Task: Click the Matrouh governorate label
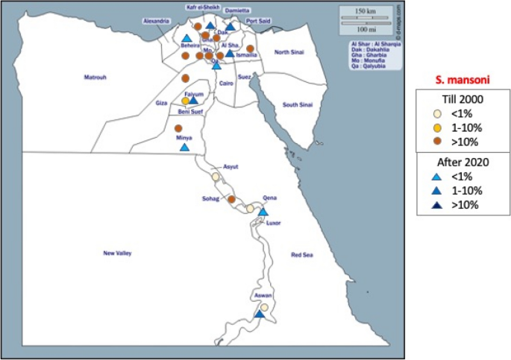tap(95, 77)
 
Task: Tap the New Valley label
tap(118, 254)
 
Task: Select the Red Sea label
tap(303, 255)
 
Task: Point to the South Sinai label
tap(296, 105)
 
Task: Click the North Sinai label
tap(289, 51)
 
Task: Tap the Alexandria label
tap(157, 21)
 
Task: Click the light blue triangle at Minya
tap(184, 147)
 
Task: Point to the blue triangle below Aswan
tap(259, 314)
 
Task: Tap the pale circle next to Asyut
tap(216, 177)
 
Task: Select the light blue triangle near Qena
tap(263, 212)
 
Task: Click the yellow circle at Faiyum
tap(186, 101)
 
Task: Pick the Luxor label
tap(274, 223)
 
